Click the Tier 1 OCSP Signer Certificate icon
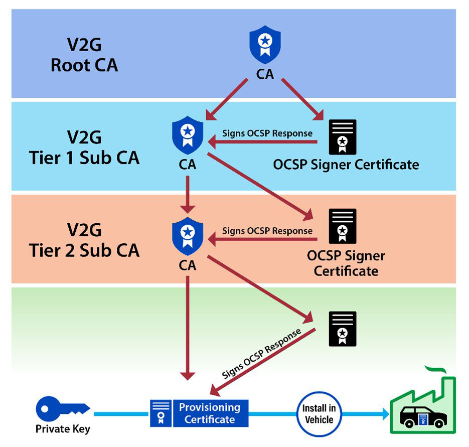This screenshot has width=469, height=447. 342,137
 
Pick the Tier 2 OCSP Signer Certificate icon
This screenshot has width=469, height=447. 342,226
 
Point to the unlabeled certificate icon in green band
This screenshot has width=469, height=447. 342,329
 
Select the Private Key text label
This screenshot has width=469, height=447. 63,429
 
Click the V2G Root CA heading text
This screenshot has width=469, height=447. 84,55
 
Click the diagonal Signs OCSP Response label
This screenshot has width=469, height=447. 261,353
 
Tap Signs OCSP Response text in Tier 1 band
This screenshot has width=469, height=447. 267,133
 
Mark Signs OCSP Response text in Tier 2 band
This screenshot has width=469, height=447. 267,231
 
